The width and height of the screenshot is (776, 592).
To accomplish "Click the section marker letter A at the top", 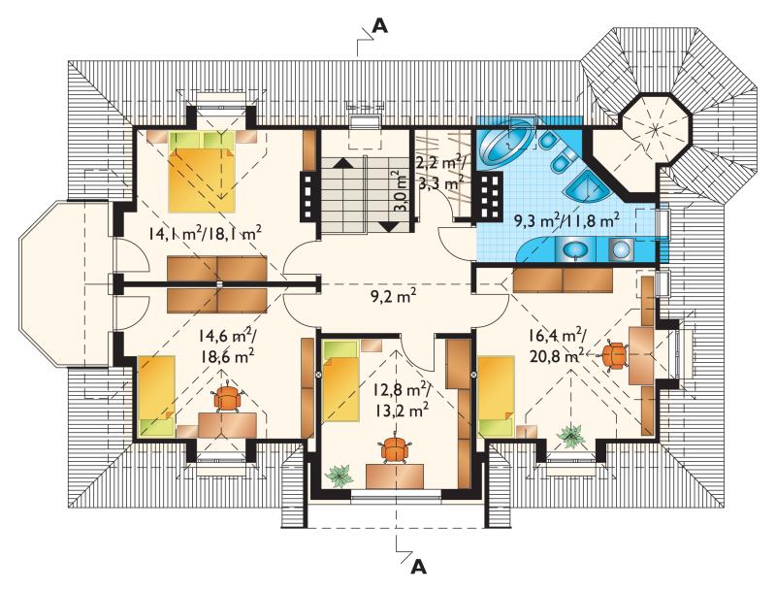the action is [379, 25].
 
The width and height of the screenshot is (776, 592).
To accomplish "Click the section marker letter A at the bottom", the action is [419, 566].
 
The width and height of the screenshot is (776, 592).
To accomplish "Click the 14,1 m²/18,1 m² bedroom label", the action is [205, 233].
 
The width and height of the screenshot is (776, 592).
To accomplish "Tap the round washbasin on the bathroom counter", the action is [574, 250].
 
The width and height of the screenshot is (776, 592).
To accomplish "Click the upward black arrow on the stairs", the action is [343, 162].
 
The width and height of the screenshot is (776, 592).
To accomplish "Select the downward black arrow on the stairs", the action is [391, 227].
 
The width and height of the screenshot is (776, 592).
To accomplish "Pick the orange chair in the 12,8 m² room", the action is [395, 450].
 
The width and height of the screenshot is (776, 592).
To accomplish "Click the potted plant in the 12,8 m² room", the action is [339, 476].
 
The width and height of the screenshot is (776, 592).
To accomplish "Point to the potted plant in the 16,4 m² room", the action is [570, 436].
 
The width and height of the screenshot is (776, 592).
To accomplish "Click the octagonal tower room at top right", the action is [656, 128].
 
